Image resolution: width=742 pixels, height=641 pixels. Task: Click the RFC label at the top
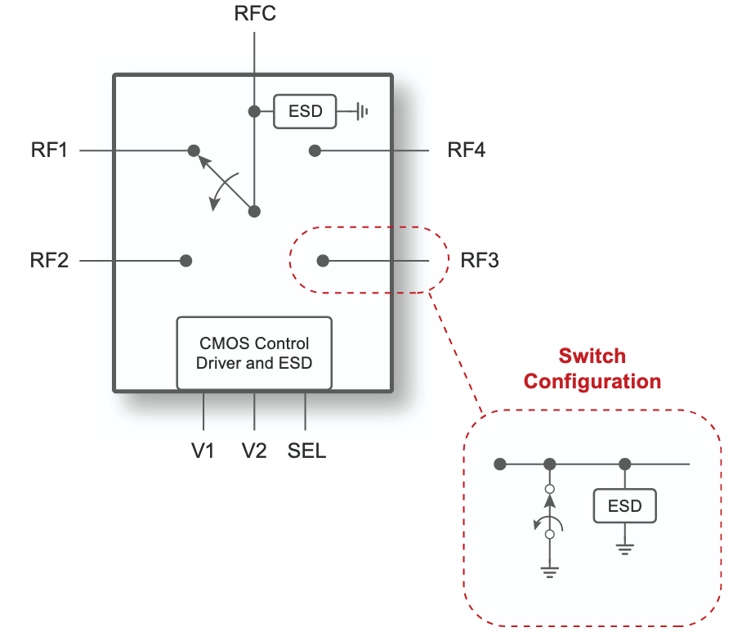coord(254,14)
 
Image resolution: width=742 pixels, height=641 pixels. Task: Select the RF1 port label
coord(51,150)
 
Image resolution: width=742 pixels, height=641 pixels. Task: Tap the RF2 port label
coord(51,261)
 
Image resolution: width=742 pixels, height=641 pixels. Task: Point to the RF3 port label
coord(480,261)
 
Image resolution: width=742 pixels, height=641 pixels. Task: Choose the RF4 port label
coord(467,150)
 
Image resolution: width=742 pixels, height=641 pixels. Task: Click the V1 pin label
coord(203,450)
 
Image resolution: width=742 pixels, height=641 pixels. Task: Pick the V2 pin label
coord(254,450)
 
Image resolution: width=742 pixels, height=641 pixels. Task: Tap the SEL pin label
coord(306,450)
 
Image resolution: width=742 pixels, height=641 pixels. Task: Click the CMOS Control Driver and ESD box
coord(254,353)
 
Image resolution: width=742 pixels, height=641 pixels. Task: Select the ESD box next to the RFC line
coord(305,111)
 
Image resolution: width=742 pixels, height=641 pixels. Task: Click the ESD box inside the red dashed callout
coord(624,506)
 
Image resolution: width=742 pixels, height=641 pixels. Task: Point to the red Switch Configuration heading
coord(592,369)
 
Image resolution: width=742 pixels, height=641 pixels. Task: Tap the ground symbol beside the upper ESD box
coord(360,111)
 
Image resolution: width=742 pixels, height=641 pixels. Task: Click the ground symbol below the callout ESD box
coord(625,548)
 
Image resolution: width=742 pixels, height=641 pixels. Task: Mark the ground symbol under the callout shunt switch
coord(549,570)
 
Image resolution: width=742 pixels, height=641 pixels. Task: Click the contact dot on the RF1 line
coord(194,150)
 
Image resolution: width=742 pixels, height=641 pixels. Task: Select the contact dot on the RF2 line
coord(186,261)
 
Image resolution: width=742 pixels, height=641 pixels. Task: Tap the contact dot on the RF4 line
coord(315,150)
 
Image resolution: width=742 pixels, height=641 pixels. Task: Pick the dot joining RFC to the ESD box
coord(254,110)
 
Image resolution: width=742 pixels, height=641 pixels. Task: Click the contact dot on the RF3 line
coord(323,261)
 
